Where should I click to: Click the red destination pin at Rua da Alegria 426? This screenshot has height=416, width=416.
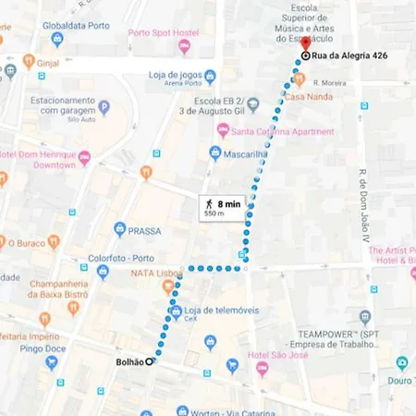(x=304, y=56)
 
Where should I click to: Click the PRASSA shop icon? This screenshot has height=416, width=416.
(x=119, y=228)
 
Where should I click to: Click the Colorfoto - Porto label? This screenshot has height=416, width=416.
(x=118, y=258)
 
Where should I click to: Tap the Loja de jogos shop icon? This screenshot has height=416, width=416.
(x=210, y=76)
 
